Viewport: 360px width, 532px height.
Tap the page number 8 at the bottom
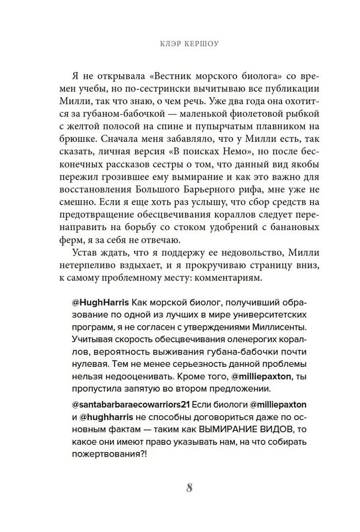pyautogui.click(x=189, y=488)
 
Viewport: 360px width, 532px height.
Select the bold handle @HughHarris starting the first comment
pyautogui.click(x=95, y=302)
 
